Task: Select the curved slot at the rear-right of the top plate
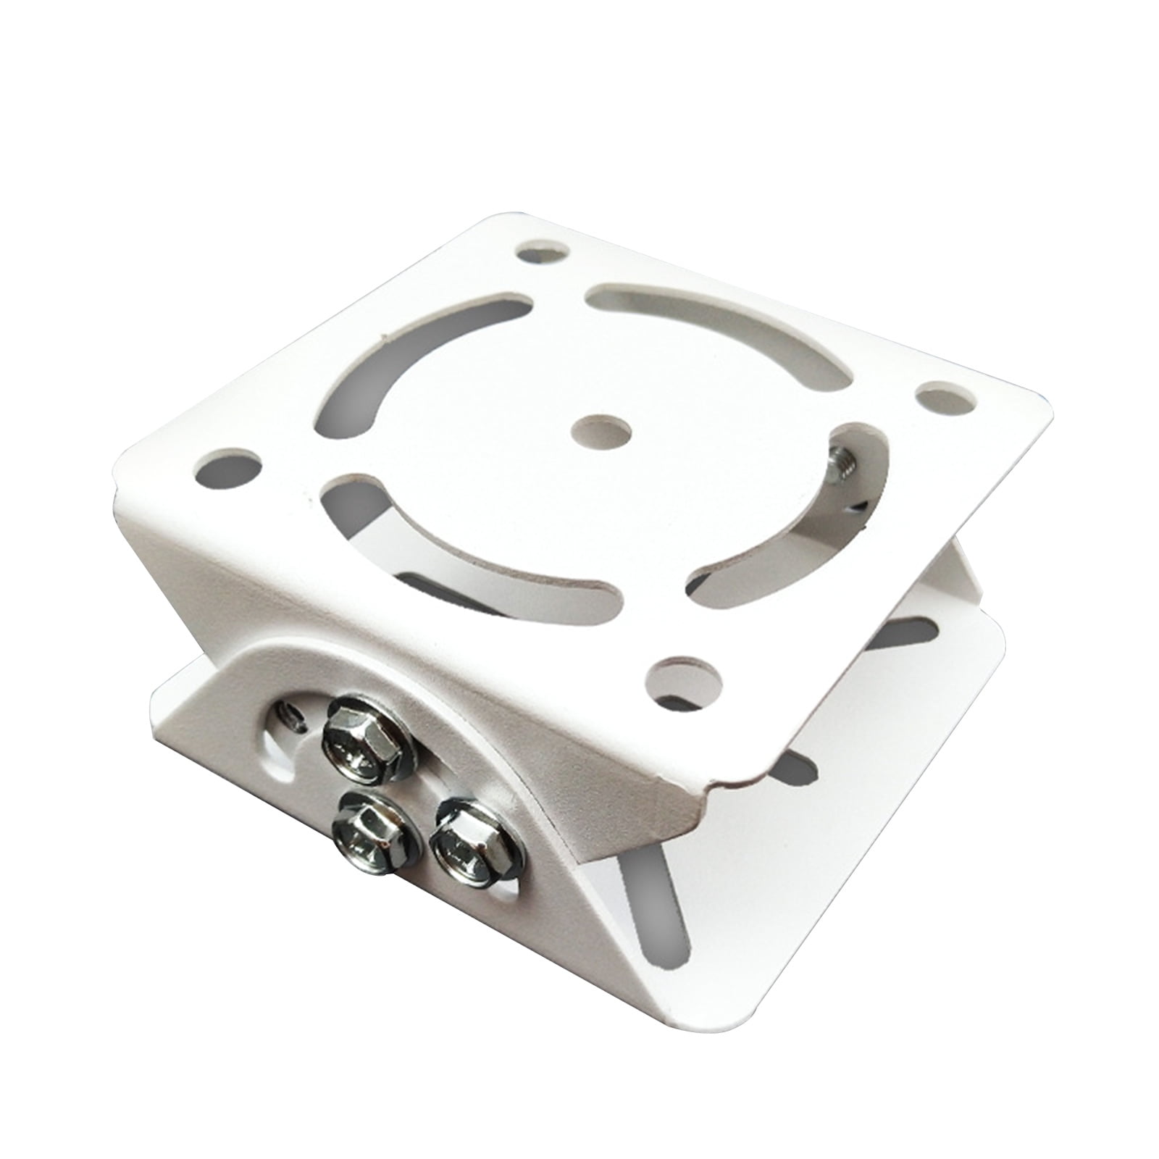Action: pyautogui.click(x=724, y=333)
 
